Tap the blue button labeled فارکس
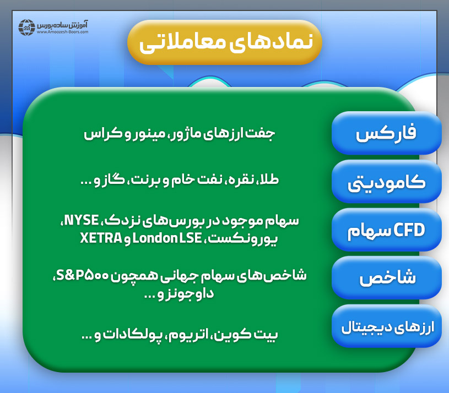[386, 134]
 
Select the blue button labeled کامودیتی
[386, 182]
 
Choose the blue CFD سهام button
[386, 231]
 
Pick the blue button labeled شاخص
[386, 279]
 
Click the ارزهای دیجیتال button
[386, 327]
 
